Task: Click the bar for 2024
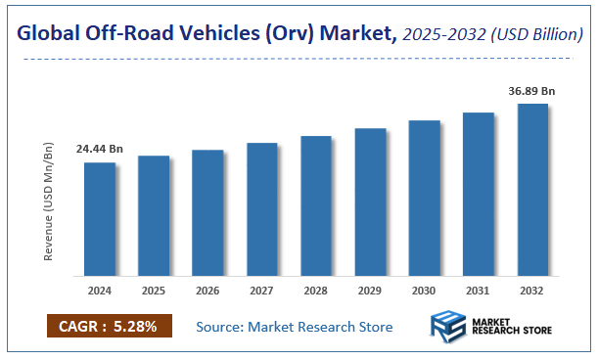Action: point(99,219)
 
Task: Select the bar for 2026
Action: point(207,212)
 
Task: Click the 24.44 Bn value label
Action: point(99,150)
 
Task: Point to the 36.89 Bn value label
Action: point(531,91)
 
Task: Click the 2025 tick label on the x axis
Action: point(154,291)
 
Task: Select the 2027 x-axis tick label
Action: point(261,291)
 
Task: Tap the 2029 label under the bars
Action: point(370,291)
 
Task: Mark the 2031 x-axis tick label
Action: point(478,291)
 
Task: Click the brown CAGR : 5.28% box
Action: point(109,327)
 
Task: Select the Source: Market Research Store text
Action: point(294,327)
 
